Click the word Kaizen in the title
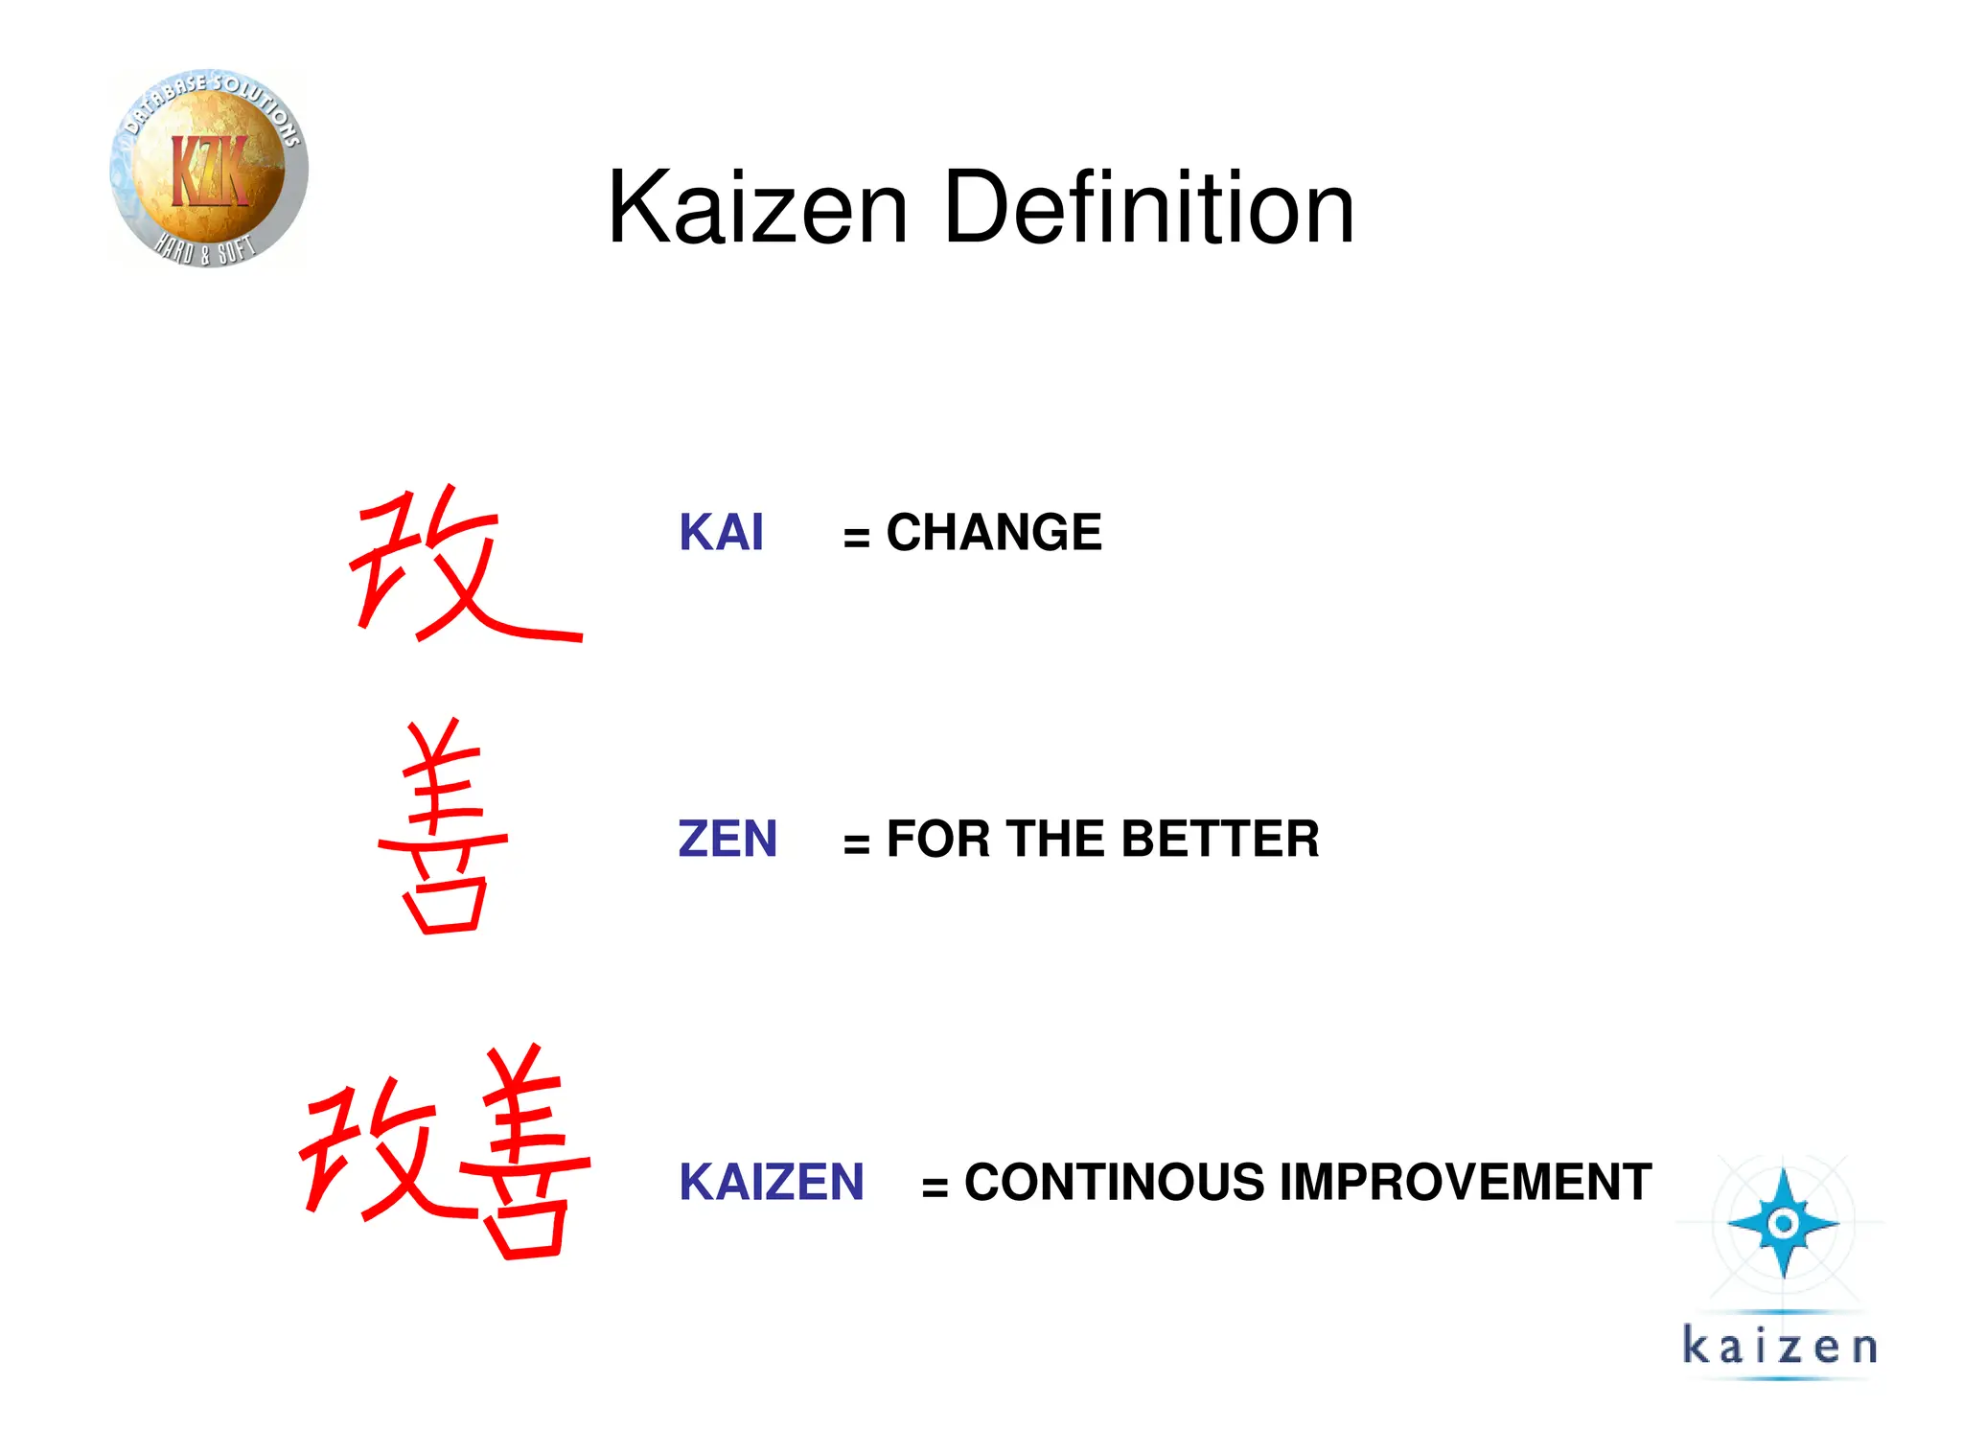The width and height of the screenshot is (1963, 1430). [757, 208]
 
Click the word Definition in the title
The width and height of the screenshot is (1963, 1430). [1148, 208]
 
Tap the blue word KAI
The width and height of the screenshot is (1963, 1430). [721, 533]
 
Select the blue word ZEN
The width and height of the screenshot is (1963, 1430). [727, 840]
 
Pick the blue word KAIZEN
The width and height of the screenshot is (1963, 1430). [772, 1182]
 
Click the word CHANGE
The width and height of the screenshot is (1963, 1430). [994, 533]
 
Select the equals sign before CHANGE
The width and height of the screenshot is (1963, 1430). [856, 538]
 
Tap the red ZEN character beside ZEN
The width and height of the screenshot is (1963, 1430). [444, 827]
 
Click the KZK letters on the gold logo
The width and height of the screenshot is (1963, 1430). [209, 171]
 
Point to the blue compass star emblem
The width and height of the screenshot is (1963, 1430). [1783, 1223]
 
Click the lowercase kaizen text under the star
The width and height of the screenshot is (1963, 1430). [1779, 1346]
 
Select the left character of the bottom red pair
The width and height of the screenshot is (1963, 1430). [379, 1150]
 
